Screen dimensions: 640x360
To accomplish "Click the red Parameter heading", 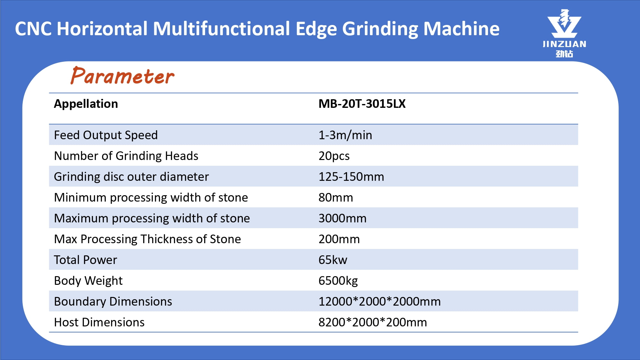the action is pos(123,76).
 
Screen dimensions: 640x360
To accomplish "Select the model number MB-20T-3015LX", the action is pos(362,104).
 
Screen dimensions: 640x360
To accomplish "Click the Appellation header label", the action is pos(86,104).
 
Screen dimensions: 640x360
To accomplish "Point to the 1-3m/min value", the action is pos(345,135).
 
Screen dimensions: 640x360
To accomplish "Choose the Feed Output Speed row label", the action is pos(106,135).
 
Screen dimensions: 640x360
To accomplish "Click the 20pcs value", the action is pos(334,156).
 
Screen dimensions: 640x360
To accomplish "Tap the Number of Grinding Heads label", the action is pos(126,156).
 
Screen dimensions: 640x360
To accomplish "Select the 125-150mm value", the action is pos(351,177).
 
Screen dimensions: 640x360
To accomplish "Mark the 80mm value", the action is pos(336,197).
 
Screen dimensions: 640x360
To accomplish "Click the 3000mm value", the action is pos(342,218).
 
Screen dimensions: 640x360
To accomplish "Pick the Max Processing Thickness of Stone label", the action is pos(147,239).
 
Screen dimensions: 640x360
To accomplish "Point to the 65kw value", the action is pos(333,260).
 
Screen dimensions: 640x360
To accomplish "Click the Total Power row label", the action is pos(85,260).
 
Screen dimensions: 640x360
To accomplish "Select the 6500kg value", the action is pos(338,281).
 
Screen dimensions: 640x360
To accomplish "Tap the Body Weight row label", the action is pos(88,281).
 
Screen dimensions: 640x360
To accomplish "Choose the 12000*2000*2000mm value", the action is pos(380,301).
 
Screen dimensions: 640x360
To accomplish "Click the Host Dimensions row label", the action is pos(99,322).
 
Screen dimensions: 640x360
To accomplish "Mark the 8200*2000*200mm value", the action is pos(372,322).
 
